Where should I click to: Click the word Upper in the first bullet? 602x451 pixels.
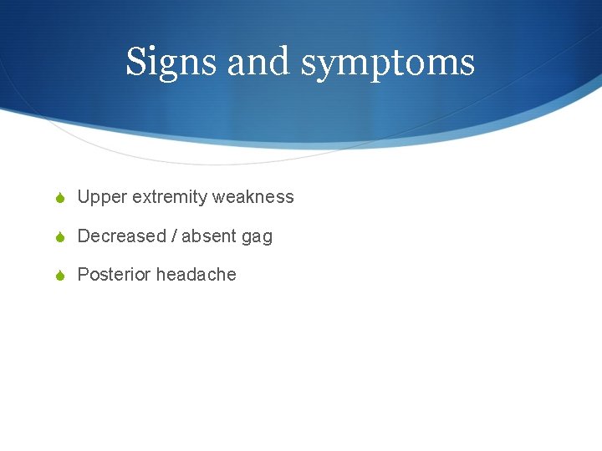(x=99, y=198)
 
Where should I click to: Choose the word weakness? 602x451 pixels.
(x=253, y=197)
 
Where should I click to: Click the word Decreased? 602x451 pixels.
(x=121, y=236)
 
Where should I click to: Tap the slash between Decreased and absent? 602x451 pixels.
(x=174, y=236)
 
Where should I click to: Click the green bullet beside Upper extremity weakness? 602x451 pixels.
(x=61, y=198)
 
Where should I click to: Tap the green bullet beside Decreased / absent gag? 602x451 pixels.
(x=61, y=236)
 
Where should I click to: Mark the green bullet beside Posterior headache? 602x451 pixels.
(x=61, y=275)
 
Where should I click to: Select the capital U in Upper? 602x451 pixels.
(x=84, y=197)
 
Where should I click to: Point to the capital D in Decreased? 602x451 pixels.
(x=84, y=236)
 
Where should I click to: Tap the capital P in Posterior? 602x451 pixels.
(x=83, y=275)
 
